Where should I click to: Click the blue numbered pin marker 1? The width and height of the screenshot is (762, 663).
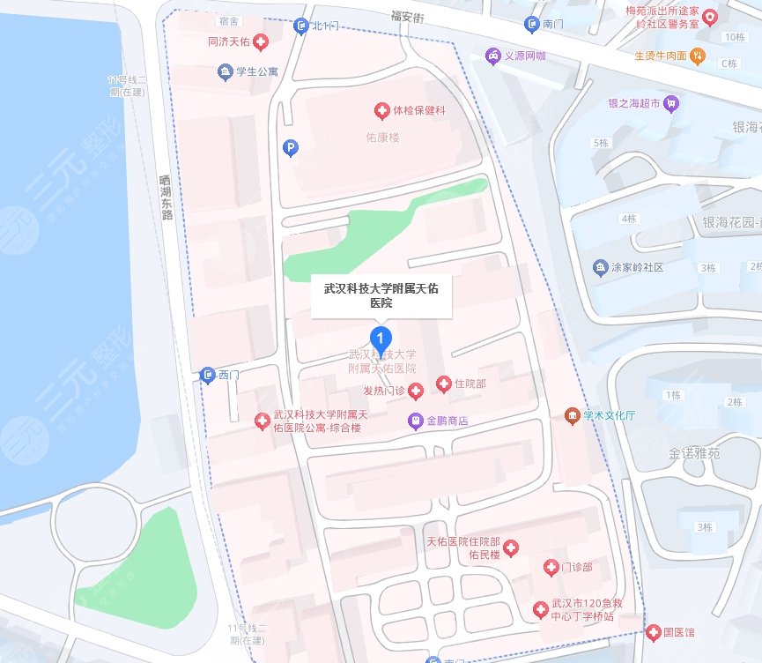(x=381, y=337)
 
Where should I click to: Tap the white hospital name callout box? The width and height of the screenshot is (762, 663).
(x=381, y=295)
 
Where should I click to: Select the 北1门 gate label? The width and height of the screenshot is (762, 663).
(x=324, y=26)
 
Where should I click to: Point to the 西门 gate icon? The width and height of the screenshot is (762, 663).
(x=208, y=375)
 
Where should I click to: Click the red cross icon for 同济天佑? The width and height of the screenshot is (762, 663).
(x=261, y=41)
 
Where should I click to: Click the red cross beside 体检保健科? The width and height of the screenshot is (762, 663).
(x=381, y=110)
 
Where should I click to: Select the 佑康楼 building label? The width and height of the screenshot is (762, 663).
(x=382, y=138)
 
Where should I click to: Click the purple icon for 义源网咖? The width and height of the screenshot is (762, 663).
(x=491, y=55)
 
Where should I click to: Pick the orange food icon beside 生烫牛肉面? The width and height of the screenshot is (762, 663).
(x=698, y=56)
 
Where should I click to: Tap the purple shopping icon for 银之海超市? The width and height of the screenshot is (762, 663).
(x=671, y=102)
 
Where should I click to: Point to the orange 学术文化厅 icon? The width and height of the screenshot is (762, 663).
(x=573, y=415)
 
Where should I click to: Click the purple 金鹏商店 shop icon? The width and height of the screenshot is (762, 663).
(x=415, y=421)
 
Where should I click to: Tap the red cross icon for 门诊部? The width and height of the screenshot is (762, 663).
(x=551, y=567)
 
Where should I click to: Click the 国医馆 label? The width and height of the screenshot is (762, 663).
(x=678, y=632)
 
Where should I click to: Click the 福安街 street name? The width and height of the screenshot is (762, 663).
(x=408, y=15)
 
